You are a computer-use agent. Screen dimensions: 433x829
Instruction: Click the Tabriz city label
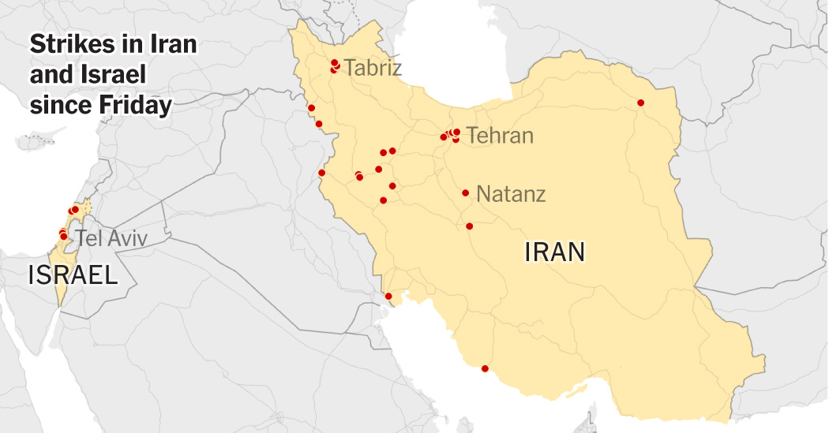373,68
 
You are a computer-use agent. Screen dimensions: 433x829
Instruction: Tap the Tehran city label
500,136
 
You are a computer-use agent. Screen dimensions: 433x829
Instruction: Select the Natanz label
511,193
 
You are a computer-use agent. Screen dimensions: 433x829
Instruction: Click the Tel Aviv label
111,238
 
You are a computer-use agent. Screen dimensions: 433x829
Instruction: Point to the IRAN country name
554,252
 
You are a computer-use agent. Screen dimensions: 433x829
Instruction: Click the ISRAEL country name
73,274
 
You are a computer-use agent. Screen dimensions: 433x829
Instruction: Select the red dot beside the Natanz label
466,192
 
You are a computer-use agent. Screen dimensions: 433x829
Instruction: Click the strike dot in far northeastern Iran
640,103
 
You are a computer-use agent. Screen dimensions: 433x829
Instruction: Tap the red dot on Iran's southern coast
485,368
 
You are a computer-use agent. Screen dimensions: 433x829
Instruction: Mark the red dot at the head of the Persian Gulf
388,297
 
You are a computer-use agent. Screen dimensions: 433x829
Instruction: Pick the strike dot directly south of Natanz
469,226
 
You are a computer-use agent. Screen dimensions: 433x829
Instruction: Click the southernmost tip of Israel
60,304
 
